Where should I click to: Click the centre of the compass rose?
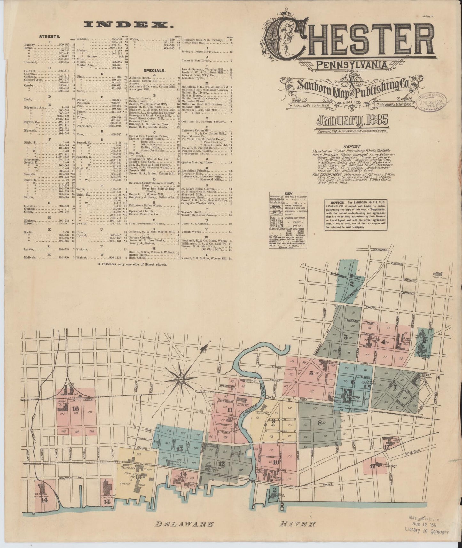tap(181, 380)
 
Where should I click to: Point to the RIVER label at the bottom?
tap(298, 524)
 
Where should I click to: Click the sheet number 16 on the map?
tap(76, 409)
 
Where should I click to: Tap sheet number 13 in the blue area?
tap(179, 449)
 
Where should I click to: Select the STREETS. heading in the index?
tap(48, 45)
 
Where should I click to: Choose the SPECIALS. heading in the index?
tap(154, 70)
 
